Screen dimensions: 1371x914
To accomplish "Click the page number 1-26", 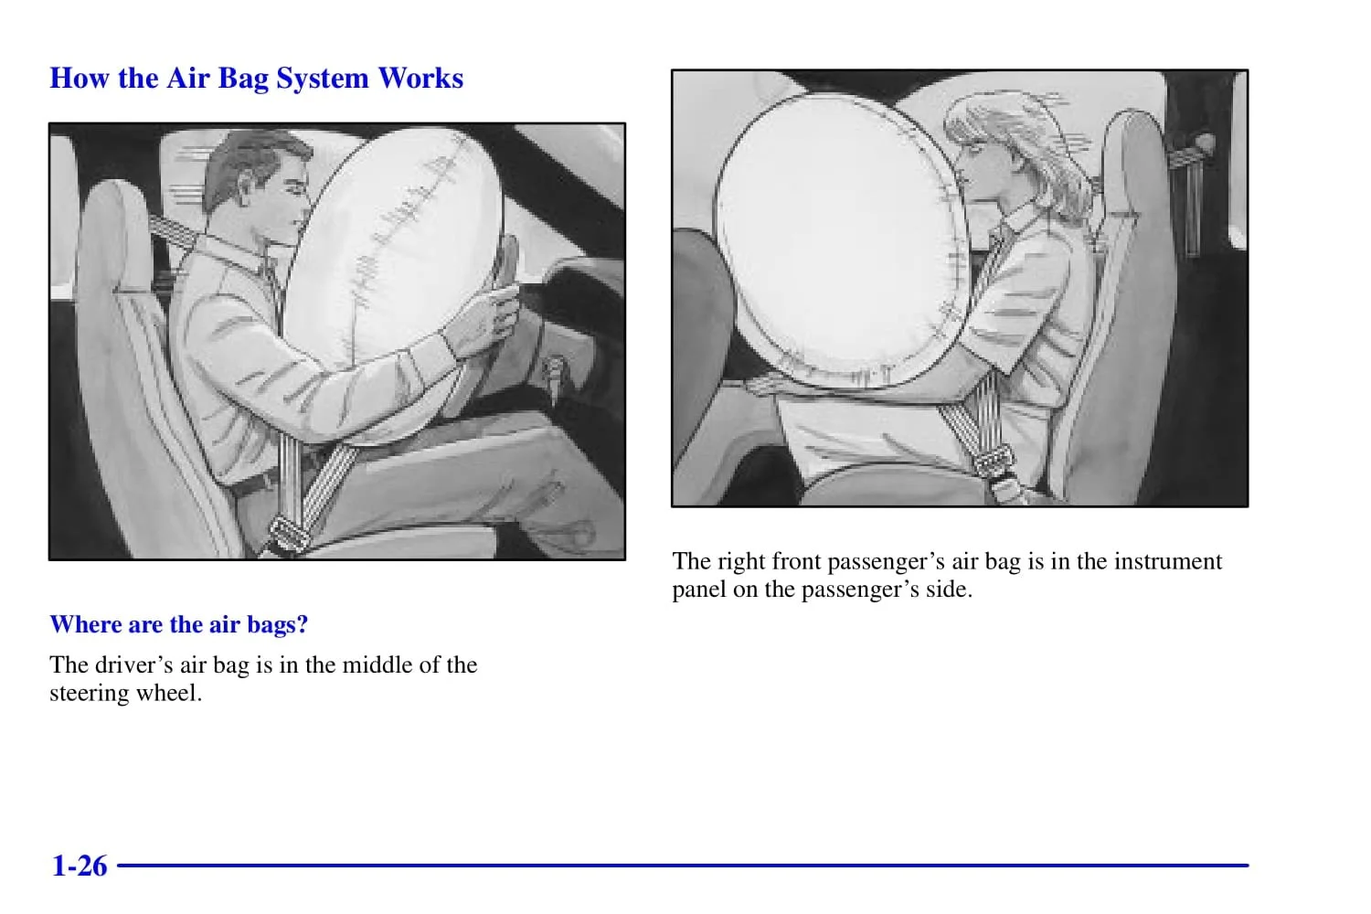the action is [x=80, y=866].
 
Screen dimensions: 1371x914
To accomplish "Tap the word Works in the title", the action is [x=420, y=79].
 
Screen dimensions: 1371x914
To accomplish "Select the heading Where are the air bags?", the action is [x=179, y=624].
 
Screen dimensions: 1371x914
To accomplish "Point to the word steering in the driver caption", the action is [x=89, y=695].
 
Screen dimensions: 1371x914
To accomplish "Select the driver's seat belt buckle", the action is [x=288, y=535].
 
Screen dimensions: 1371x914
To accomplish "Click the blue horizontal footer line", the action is [x=683, y=866].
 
